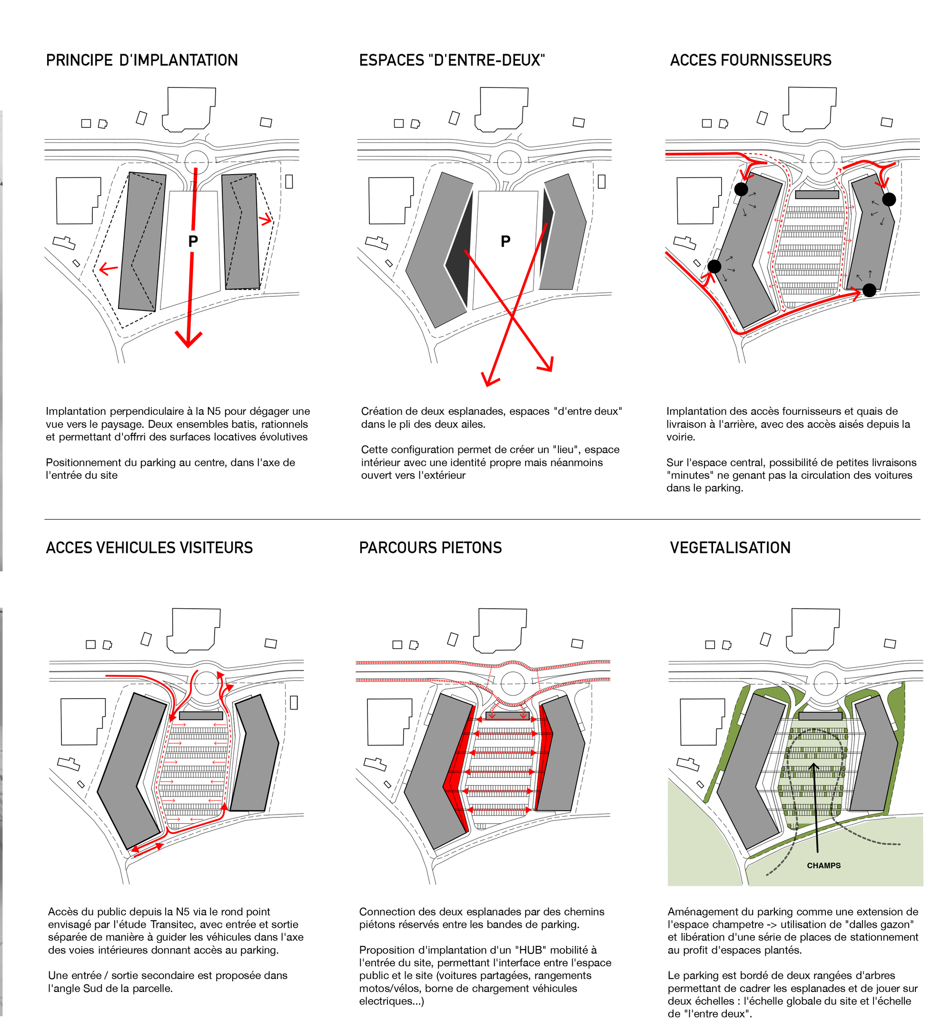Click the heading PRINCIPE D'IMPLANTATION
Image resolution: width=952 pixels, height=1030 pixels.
pyautogui.click(x=142, y=60)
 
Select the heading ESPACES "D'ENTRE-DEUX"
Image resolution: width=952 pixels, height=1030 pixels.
pyautogui.click(x=451, y=60)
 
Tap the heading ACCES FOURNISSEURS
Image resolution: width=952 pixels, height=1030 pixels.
pyautogui.click(x=750, y=60)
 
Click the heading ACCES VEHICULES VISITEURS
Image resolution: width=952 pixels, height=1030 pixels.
pyautogui.click(x=149, y=547)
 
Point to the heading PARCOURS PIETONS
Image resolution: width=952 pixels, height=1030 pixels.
pyautogui.click(x=430, y=547)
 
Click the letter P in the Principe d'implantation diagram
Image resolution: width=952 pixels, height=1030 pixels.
pyautogui.click(x=193, y=241)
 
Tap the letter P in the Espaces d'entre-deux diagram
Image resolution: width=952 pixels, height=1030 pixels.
pyautogui.click(x=506, y=241)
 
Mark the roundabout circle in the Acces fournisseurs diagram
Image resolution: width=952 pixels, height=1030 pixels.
pyautogui.click(x=822, y=162)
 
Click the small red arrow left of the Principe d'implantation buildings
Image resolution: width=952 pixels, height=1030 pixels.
pyautogui.click(x=108, y=268)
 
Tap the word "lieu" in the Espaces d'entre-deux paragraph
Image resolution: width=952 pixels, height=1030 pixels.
pyautogui.click(x=565, y=449)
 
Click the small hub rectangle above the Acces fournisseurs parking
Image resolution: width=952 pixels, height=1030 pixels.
pyautogui.click(x=816, y=194)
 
